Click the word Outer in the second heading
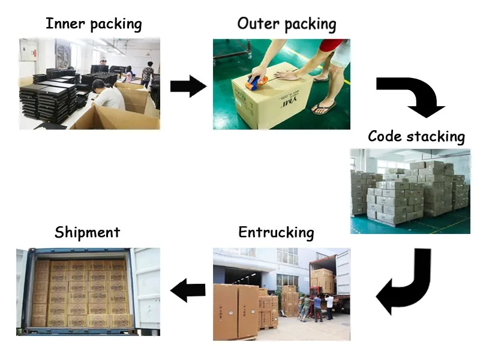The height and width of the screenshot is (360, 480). tap(258, 24)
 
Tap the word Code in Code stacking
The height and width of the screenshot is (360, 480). tap(385, 136)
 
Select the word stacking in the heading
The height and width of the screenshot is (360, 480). tap(436, 137)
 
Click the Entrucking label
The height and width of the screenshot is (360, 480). tap(275, 232)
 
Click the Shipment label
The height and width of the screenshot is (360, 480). tap(87, 232)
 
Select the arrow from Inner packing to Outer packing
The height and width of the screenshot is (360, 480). tap(188, 86)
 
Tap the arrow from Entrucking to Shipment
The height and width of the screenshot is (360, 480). tap(188, 291)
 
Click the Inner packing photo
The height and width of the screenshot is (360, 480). tap(89, 83)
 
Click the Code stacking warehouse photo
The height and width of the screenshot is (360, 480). tap(410, 191)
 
